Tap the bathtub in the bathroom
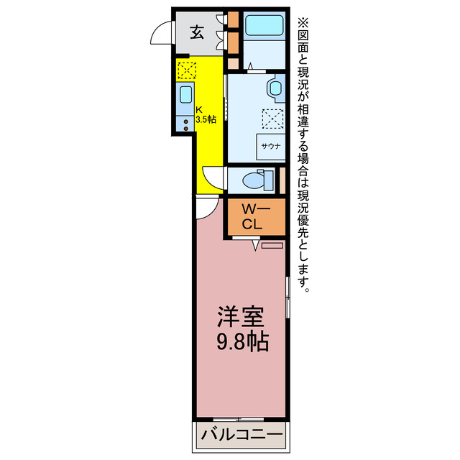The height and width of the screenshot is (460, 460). coord(264,26)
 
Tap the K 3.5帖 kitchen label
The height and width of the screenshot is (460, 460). coord(205,115)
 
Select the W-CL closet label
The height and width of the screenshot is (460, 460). coord(255,216)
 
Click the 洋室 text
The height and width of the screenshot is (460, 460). coord(241,317)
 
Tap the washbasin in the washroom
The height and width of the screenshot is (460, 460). coord(275,90)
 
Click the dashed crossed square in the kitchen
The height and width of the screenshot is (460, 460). coord(186,70)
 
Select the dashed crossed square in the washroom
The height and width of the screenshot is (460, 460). coord(272,117)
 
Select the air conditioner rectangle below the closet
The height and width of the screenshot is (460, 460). coord(273,246)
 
